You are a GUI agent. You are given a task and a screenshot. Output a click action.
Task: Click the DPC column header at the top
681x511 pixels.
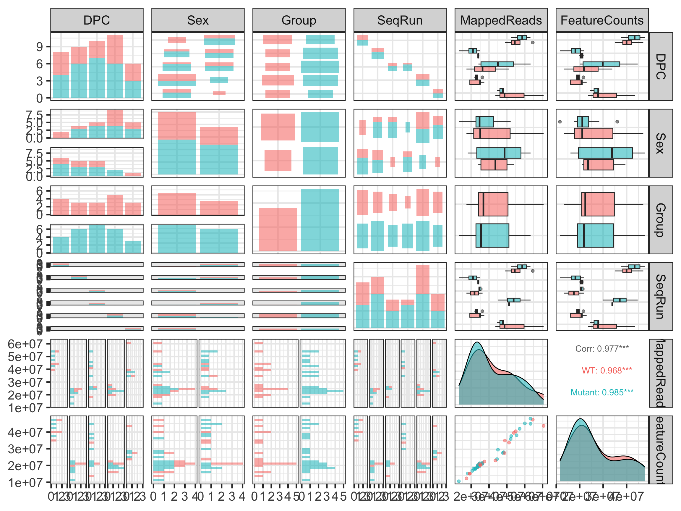pos(97,20)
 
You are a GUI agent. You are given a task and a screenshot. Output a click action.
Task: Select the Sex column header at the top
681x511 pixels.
pos(198,20)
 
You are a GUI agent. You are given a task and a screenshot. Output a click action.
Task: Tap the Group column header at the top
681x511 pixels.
pos(299,20)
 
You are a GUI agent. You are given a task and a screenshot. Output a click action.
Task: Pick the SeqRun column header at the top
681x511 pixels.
pos(400,20)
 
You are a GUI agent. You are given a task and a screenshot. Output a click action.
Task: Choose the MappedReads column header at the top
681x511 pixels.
pos(501,20)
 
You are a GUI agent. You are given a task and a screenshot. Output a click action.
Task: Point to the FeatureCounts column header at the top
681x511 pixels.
pos(602,20)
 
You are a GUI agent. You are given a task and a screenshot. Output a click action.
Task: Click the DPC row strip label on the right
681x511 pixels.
pos(661,67)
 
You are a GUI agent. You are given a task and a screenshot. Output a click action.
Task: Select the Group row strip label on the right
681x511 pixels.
pos(661,220)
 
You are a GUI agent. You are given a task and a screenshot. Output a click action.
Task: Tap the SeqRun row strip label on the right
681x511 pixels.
pos(661,297)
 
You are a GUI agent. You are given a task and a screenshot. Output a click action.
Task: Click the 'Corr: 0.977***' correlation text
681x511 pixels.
pos(602,349)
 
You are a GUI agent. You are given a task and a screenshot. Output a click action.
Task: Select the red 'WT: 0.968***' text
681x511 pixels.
pos(607,371)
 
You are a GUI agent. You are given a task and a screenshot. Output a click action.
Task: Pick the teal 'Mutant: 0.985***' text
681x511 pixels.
pos(602,392)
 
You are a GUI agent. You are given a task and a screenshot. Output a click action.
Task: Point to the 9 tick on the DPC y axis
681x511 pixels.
pos(39,47)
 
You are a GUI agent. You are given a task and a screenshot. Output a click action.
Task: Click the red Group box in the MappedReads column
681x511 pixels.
pos(493,204)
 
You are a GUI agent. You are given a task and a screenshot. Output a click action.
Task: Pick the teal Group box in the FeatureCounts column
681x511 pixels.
pos(595,235)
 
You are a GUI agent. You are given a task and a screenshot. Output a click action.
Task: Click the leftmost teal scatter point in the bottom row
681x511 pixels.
pos(459,481)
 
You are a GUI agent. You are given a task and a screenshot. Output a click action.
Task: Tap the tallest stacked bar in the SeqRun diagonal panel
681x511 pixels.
pos(422,296)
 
